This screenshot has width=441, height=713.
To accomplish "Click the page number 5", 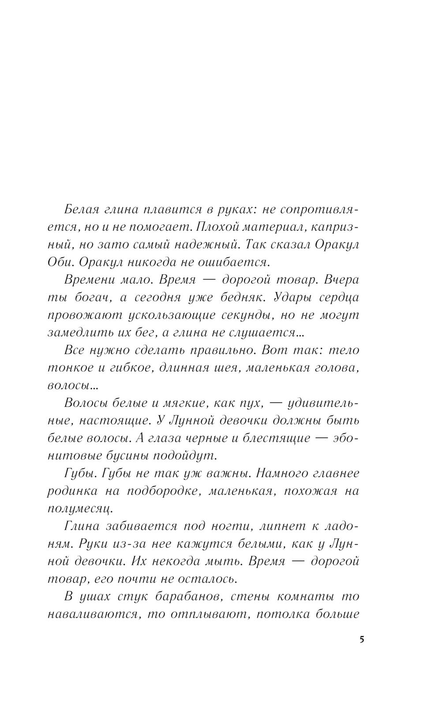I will click(x=362, y=640).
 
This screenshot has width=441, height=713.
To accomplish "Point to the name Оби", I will click(x=60, y=262).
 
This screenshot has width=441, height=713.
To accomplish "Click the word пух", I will click(x=252, y=403).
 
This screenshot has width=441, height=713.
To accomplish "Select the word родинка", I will click(x=69, y=491).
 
